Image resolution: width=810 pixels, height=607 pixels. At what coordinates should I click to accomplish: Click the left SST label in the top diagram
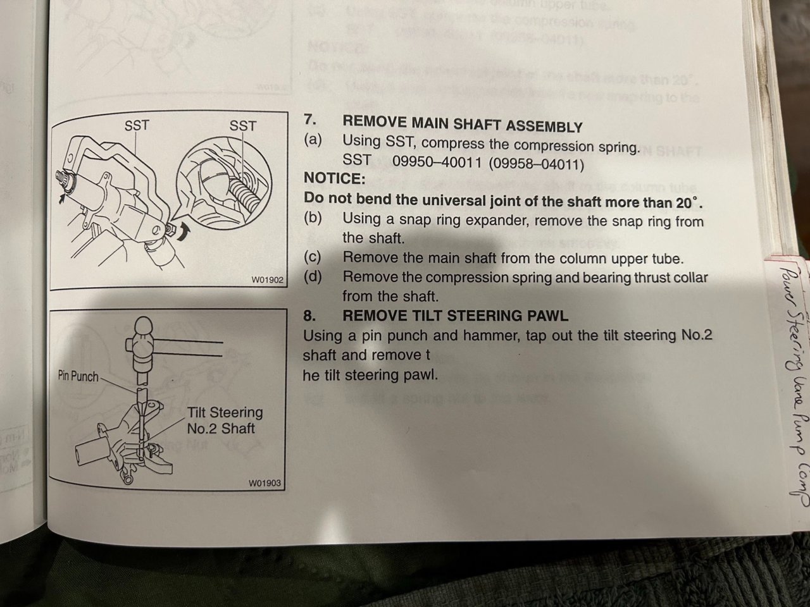pyautogui.click(x=136, y=125)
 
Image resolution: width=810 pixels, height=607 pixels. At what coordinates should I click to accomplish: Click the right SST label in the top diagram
pyautogui.click(x=242, y=126)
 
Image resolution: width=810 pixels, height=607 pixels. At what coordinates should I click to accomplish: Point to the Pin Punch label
pyautogui.click(x=78, y=376)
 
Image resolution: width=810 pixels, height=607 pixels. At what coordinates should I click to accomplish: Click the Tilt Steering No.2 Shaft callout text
pyautogui.click(x=224, y=420)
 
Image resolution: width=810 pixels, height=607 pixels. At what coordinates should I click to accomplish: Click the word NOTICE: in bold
pyautogui.click(x=334, y=179)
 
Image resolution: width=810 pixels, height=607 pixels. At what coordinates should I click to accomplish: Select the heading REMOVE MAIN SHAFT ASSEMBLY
pyautogui.click(x=461, y=125)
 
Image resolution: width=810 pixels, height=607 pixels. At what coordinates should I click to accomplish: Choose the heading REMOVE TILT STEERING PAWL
pyautogui.click(x=454, y=316)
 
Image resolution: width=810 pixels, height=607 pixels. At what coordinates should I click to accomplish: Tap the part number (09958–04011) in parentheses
pyautogui.click(x=535, y=164)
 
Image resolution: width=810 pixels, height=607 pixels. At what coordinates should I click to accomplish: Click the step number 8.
pyautogui.click(x=309, y=315)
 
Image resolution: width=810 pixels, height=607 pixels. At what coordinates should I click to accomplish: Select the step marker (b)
pyautogui.click(x=313, y=218)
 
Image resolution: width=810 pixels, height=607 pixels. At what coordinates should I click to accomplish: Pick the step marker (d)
pyautogui.click(x=313, y=276)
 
